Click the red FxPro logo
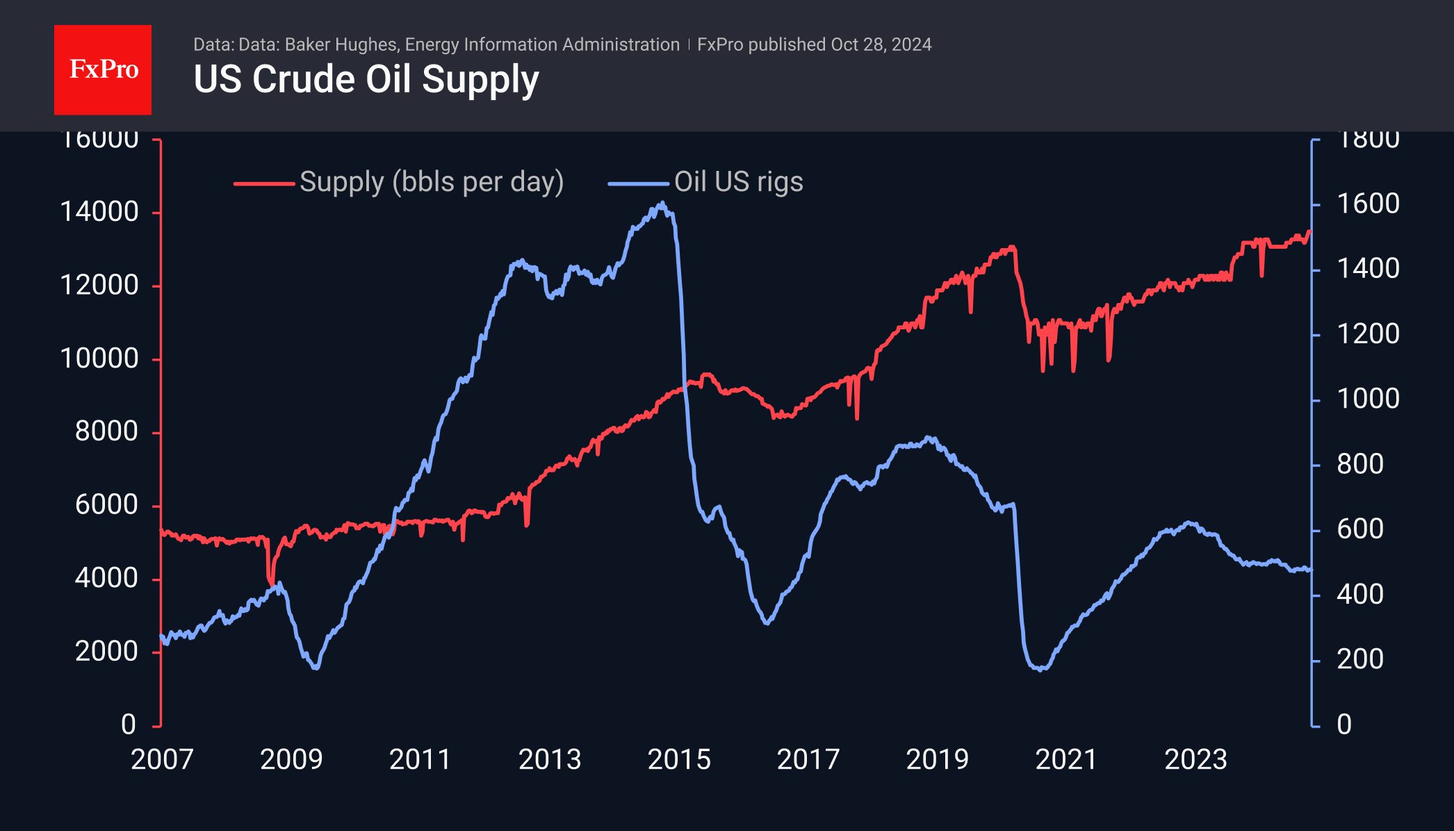tap(103, 69)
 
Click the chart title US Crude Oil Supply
tap(366, 79)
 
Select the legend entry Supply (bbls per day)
tap(431, 182)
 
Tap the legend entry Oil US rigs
tap(738, 182)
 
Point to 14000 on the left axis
tap(99, 212)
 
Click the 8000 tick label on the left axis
tap(106, 431)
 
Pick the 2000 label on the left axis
tap(106, 652)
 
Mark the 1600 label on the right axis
tap(1368, 204)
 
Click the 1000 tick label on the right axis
tap(1368, 399)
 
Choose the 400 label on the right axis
tap(1360, 594)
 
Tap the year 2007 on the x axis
tap(162, 759)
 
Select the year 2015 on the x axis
tap(679, 759)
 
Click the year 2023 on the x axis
tap(1195, 759)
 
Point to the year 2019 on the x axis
tap(937, 759)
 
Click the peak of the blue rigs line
tap(662, 203)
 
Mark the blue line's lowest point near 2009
tap(316, 668)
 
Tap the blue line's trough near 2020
tap(1040, 670)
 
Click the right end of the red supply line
tap(1309, 231)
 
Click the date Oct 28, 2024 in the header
tap(881, 44)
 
